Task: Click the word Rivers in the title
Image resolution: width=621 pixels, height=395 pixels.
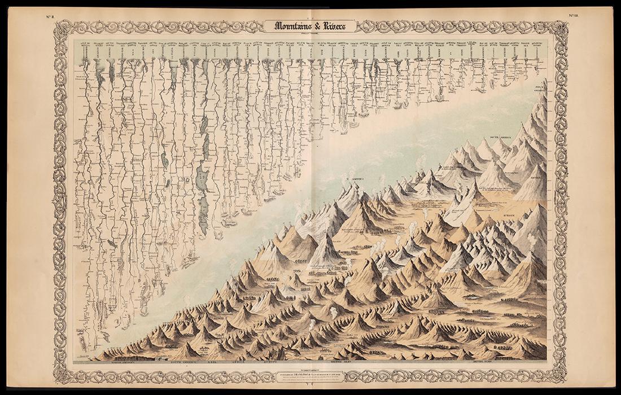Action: click(x=337, y=25)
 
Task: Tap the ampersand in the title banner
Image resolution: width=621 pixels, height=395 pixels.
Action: click(x=317, y=25)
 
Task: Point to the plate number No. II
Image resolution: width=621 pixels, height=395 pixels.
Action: click(x=50, y=16)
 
